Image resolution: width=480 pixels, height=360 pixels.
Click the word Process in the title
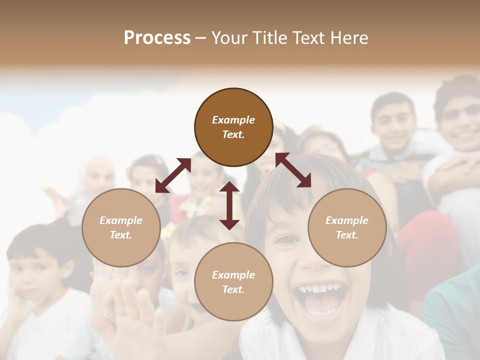pyautogui.click(x=157, y=38)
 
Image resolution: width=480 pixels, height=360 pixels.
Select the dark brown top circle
pyautogui.click(x=233, y=127)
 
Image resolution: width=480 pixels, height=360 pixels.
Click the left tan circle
pyautogui.click(x=121, y=227)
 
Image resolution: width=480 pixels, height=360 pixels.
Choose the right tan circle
pyautogui.click(x=347, y=227)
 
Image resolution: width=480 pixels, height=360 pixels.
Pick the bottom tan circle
pyautogui.click(x=233, y=281)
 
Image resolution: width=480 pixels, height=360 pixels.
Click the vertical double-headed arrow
pyautogui.click(x=229, y=205)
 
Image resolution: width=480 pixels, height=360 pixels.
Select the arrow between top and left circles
pyautogui.click(x=173, y=175)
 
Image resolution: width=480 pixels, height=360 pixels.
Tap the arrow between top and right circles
pyautogui.click(x=293, y=170)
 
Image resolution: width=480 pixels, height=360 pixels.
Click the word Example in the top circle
pyautogui.click(x=233, y=120)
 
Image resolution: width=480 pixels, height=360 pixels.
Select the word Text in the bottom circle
pyautogui.click(x=233, y=289)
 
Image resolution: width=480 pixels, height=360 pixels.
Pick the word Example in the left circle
pyautogui.click(x=121, y=220)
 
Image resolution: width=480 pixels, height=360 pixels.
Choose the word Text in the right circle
pyautogui.click(x=347, y=235)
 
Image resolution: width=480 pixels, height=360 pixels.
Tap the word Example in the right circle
pyautogui.click(x=347, y=220)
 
